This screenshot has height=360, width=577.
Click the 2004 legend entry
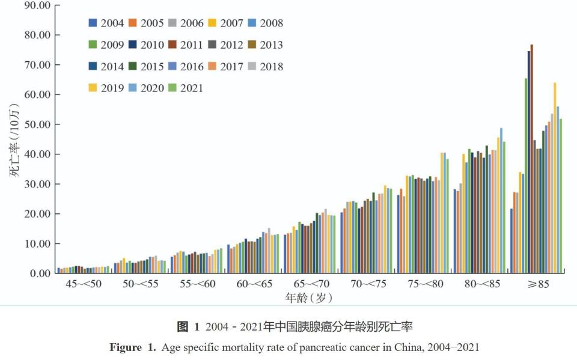tap(106, 23)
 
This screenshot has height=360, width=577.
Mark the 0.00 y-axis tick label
tap(38, 273)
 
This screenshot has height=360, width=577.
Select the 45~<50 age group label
tap(84, 284)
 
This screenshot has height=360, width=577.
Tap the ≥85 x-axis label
tap(535, 284)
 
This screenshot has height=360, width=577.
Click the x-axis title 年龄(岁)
tap(309, 297)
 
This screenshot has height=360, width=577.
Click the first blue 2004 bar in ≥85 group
tap(511, 240)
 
